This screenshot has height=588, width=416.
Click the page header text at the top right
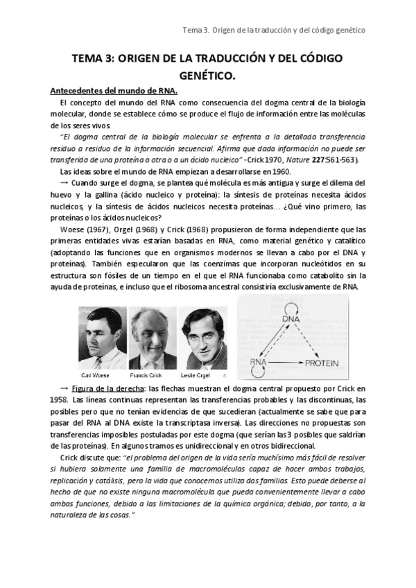(x=273, y=30)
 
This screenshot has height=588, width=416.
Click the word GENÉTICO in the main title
(x=207, y=74)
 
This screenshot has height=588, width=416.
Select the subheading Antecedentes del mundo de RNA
(x=114, y=91)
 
